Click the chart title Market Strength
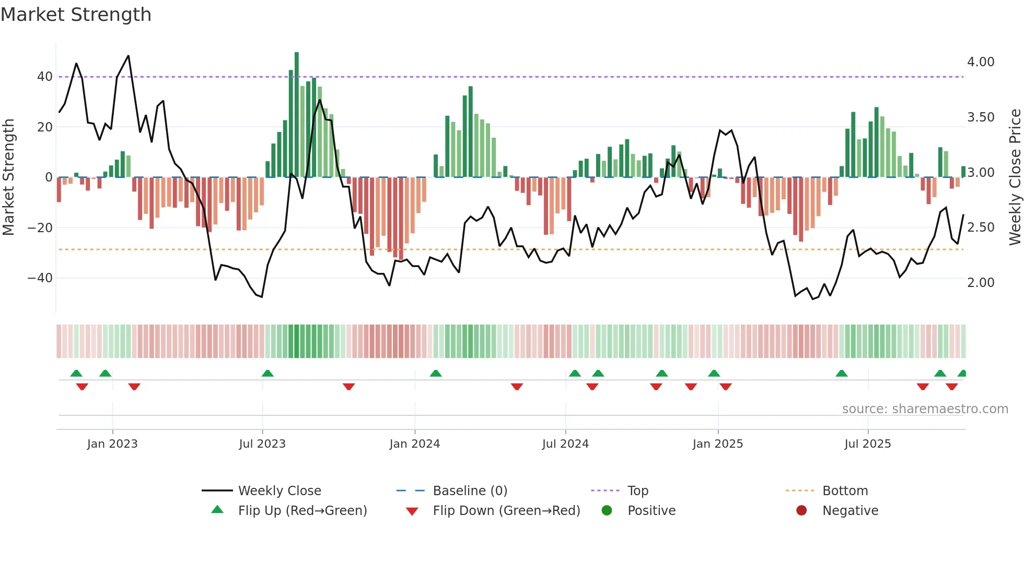click(76, 15)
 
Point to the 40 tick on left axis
click(44, 77)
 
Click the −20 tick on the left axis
click(40, 228)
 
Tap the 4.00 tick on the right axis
click(981, 62)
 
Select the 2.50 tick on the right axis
click(981, 227)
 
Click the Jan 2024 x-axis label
click(414, 444)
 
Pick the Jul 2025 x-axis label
click(867, 444)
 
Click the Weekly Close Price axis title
click(1015, 177)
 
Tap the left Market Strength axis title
click(8, 177)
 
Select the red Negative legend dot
click(801, 510)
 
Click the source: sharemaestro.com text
click(925, 409)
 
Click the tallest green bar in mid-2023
click(297, 115)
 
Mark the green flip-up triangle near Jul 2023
click(267, 373)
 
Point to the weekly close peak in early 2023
click(128, 56)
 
